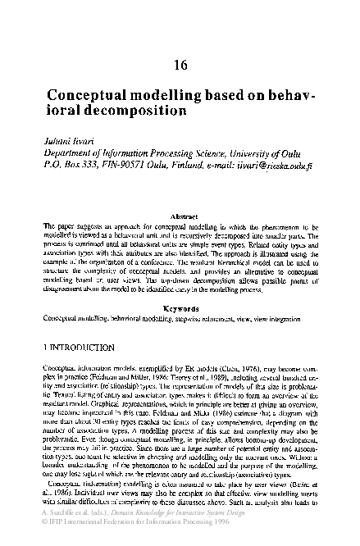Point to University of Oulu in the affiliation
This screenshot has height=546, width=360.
tap(262, 152)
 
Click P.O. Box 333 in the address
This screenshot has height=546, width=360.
tap(72, 164)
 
